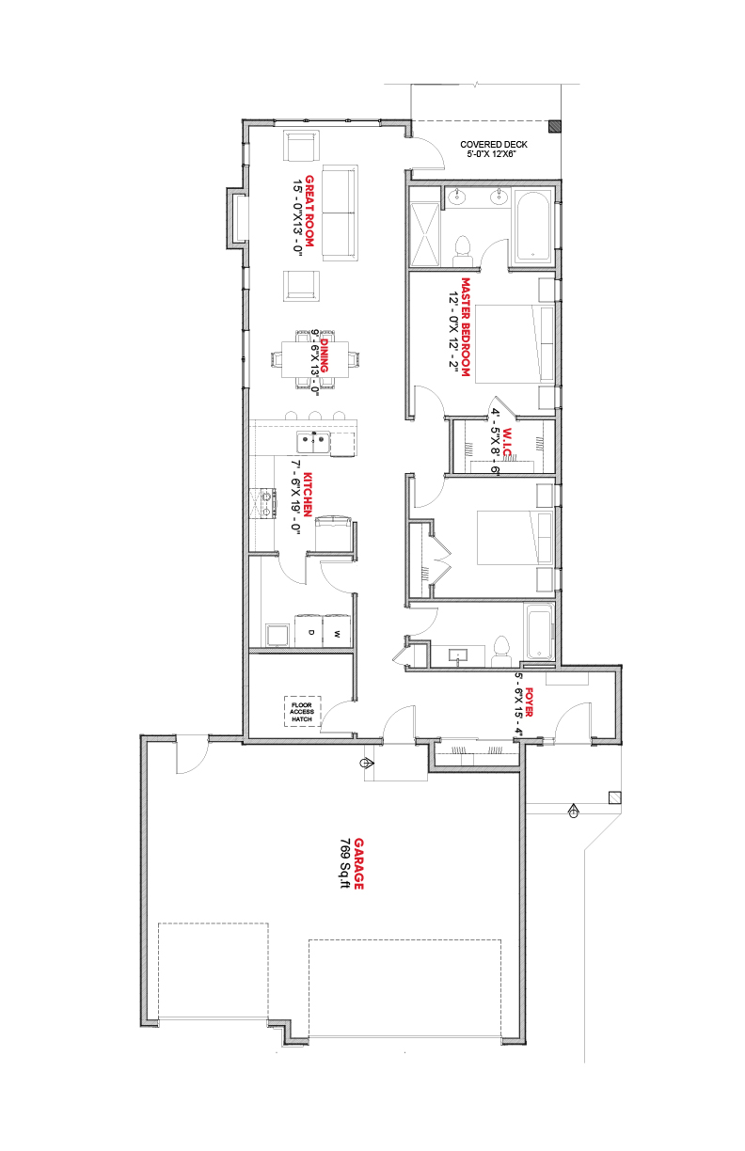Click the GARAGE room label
tap(359, 864)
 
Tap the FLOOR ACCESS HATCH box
tap(302, 712)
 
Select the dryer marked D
tap(310, 631)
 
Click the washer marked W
tap(338, 631)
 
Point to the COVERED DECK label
tap(494, 145)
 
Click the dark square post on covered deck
tap(554, 127)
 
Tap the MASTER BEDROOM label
tap(466, 327)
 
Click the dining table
tap(315, 359)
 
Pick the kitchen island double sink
tap(313, 443)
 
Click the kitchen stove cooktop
tap(262, 504)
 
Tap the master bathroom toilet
tap(463, 252)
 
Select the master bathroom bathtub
tap(533, 226)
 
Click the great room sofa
tap(340, 213)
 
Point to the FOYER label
tap(529, 702)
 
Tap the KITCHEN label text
tap(308, 495)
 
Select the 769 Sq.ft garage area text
tap(344, 864)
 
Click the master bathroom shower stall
tap(424, 235)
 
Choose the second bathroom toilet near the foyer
tap(500, 652)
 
